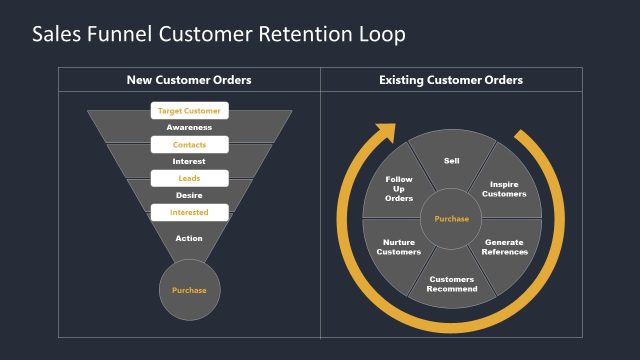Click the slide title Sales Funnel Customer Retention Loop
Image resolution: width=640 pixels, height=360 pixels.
(219, 35)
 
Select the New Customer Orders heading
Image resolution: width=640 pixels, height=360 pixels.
(189, 80)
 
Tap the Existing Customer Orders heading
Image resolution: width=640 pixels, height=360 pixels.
(451, 80)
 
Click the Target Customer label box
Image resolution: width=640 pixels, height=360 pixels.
(189, 111)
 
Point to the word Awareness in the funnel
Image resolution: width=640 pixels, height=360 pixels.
(189, 128)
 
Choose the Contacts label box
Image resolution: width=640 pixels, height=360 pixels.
(189, 145)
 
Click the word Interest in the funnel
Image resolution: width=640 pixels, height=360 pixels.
(189, 161)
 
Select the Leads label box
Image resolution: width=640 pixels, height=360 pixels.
(189, 178)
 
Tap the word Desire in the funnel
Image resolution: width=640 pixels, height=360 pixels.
(189, 195)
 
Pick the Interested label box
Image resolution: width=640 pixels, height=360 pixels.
(189, 212)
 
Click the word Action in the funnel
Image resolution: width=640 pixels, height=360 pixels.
(189, 238)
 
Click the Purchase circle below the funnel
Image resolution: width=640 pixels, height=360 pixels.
(189, 290)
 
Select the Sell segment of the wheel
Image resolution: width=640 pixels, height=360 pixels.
(451, 160)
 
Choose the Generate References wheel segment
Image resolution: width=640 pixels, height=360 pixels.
(506, 247)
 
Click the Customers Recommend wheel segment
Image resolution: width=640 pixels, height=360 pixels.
(451, 284)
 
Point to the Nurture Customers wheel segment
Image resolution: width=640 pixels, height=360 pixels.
(398, 247)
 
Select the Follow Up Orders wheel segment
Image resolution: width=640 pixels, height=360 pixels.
(398, 189)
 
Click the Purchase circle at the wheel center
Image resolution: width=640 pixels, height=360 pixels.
(451, 218)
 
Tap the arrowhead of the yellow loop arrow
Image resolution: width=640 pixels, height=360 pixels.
(380, 134)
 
